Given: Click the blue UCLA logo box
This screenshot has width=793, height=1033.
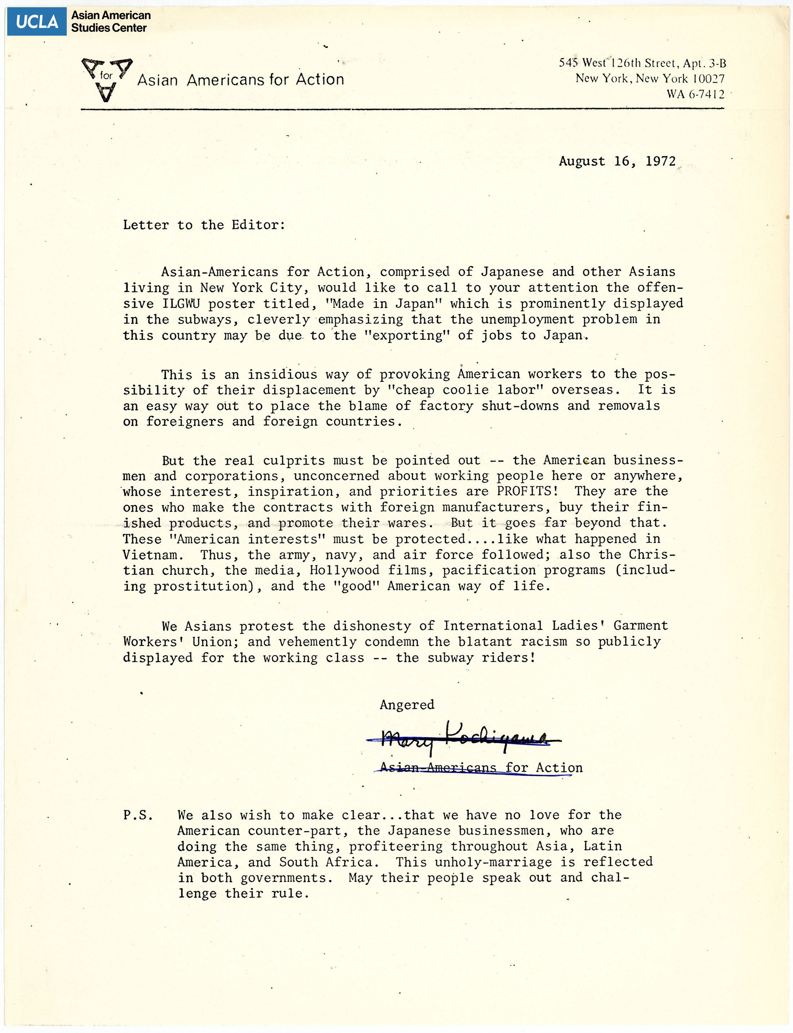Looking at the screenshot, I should [36, 22].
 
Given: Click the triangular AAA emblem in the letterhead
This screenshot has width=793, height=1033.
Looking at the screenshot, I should [107, 79].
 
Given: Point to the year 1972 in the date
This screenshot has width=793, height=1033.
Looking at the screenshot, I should [660, 161].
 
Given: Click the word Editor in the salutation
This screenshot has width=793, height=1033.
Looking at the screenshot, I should [258, 225].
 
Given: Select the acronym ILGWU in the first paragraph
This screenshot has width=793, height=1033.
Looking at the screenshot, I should [181, 303].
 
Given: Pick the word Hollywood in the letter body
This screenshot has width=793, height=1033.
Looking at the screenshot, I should [344, 570].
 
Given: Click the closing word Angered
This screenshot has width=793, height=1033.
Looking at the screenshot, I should [407, 705].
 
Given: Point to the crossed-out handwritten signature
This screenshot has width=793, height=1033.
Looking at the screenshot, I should [462, 737].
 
